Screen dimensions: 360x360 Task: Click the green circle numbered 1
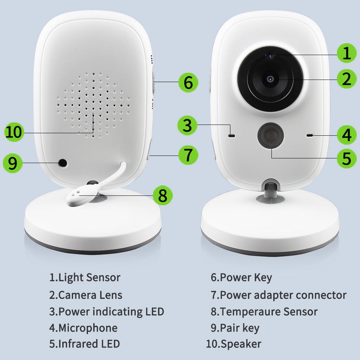coord(347,53)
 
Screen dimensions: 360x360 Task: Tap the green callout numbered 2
coord(347,79)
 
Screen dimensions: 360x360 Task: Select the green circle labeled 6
coord(188,82)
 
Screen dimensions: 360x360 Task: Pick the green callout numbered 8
coord(163,196)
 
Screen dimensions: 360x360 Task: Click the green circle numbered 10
coord(14,132)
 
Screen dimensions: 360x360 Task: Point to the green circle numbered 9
coord(13,163)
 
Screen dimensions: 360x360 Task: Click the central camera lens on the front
coord(270,79)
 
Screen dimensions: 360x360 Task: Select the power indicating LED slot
coord(231,136)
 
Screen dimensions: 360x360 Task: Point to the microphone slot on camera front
coord(309,136)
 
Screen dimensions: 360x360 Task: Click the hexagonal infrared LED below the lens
coord(270,136)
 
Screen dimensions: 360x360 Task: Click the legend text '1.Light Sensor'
coord(85,278)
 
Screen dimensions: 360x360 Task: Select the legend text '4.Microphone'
coord(83,328)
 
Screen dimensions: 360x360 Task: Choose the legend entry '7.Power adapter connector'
coord(278,295)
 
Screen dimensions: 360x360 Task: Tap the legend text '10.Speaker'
coord(233,344)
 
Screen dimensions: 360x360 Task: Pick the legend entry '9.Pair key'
coord(235,328)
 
